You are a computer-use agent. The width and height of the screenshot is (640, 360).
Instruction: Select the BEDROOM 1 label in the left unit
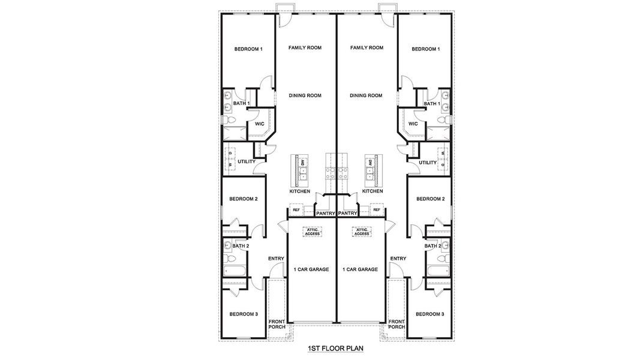pyautogui.click(x=248, y=49)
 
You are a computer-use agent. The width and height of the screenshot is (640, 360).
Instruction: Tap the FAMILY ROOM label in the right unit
pyautogui.click(x=366, y=47)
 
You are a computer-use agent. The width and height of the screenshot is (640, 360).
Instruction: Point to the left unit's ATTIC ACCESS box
pyautogui.click(x=311, y=232)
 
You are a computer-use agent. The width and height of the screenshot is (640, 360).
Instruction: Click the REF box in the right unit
pyautogui.click(x=377, y=210)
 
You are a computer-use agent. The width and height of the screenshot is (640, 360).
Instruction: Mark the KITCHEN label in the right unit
pyautogui.click(x=372, y=191)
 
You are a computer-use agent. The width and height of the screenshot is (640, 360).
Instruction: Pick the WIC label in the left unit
pyautogui.click(x=260, y=124)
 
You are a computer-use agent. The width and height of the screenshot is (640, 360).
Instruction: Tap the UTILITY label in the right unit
pyautogui.click(x=428, y=163)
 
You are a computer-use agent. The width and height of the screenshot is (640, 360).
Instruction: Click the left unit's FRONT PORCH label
pyautogui.click(x=277, y=324)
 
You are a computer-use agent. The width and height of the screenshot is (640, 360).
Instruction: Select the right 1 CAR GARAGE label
pyautogui.click(x=360, y=269)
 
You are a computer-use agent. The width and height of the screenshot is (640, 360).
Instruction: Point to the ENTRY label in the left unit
pyautogui.click(x=276, y=259)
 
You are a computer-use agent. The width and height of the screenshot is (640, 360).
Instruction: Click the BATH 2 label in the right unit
pyautogui.click(x=432, y=246)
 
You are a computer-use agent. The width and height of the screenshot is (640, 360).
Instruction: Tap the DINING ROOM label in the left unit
pyautogui.click(x=305, y=95)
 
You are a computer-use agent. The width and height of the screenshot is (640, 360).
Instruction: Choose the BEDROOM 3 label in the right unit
pyautogui.click(x=430, y=314)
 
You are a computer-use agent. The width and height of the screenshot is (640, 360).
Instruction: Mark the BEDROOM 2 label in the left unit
pyautogui.click(x=243, y=199)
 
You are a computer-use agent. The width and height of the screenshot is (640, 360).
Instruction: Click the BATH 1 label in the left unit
pyautogui.click(x=241, y=104)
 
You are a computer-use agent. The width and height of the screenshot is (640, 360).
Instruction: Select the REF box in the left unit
pyautogui.click(x=295, y=210)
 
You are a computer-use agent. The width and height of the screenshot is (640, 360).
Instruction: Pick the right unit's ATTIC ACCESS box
pyautogui.click(x=362, y=232)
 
